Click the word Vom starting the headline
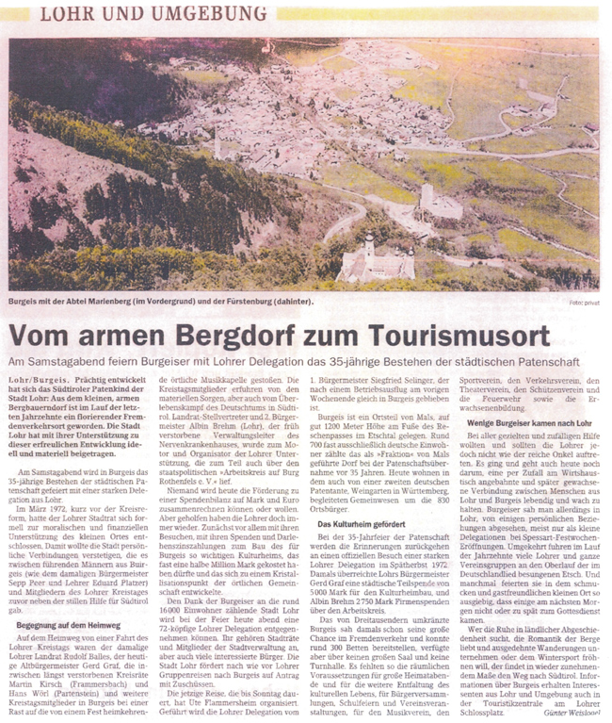pos(47,336)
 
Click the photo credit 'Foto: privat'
pos(584,303)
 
